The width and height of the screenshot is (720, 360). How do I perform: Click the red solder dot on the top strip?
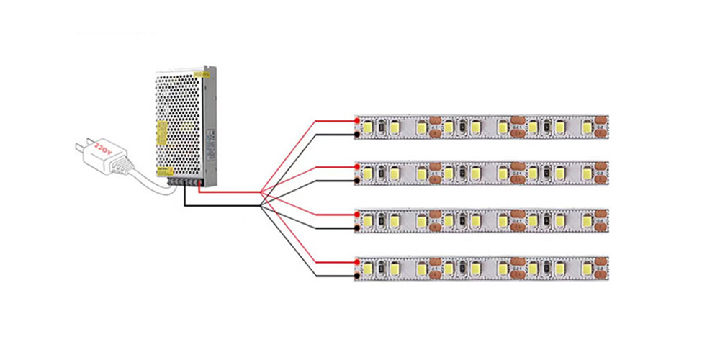coord(358,120)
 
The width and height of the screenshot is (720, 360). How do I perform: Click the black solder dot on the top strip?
coord(358,134)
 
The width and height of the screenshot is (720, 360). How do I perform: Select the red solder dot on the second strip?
coord(358,166)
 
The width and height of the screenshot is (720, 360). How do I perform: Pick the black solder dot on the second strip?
coord(358,180)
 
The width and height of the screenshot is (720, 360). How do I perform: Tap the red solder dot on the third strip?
coord(358,214)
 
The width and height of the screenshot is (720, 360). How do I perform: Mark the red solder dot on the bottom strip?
coord(358,261)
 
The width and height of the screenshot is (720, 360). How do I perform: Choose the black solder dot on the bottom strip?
coord(358,274)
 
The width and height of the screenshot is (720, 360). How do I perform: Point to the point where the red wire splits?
coord(261,193)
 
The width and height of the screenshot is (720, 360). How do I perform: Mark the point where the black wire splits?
coord(261,207)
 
